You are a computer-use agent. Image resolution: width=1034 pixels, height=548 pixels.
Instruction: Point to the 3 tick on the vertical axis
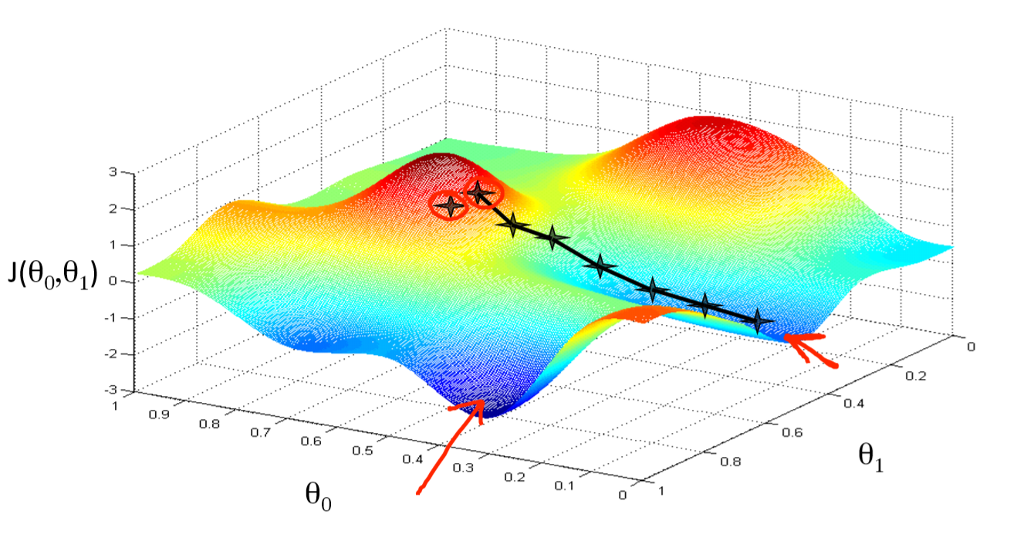coord(113,172)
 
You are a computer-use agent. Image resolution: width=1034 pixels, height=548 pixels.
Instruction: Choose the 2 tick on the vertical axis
coord(113,208)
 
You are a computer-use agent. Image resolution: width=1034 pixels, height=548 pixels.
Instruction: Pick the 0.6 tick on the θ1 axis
coord(834,433)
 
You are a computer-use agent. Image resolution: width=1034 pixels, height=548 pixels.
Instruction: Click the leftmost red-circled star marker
coord(449,206)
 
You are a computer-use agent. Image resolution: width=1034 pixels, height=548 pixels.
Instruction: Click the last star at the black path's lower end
coord(759,320)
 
